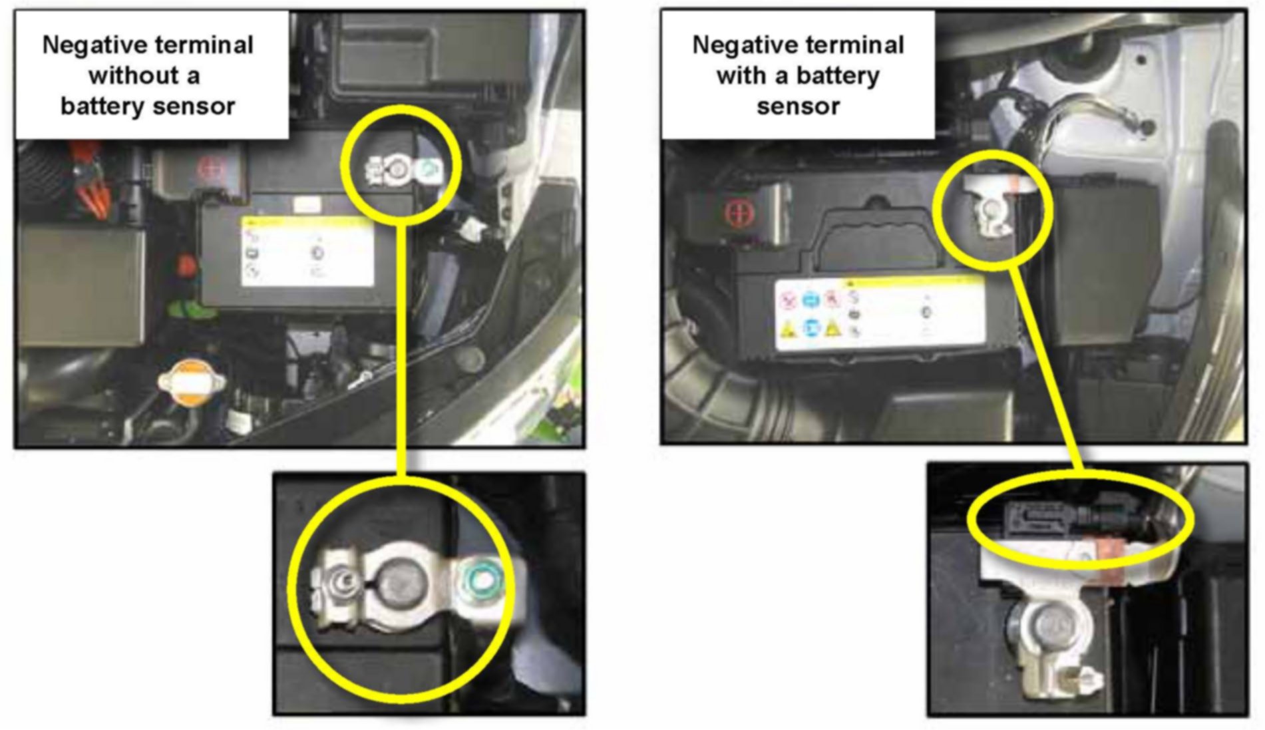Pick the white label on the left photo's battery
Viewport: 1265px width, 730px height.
pyautogui.click(x=307, y=252)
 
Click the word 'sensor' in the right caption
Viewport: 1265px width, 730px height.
pyautogui.click(x=798, y=106)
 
